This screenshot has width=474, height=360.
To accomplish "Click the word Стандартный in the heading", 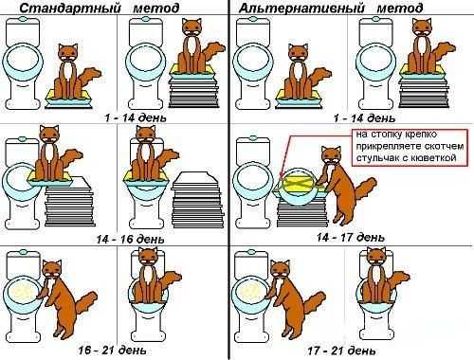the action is [x=70, y=8].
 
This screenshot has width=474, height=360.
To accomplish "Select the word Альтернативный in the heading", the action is [x=301, y=8].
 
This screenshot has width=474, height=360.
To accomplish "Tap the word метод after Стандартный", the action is [x=156, y=8].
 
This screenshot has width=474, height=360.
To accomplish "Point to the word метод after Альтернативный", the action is [x=400, y=8].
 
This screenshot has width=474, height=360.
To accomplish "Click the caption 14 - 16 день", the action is [x=131, y=239].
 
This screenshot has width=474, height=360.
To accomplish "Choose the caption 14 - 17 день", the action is [x=351, y=237].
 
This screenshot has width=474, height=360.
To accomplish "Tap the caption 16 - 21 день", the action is [x=113, y=350].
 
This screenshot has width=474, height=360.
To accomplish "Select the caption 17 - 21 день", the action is [x=342, y=351].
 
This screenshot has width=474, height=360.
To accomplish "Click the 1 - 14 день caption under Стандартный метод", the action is [x=136, y=117].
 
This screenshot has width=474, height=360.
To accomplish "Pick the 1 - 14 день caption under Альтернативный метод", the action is [x=365, y=118].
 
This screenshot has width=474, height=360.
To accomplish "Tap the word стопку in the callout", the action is [x=386, y=135].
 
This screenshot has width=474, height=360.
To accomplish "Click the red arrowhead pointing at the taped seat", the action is [x=282, y=174].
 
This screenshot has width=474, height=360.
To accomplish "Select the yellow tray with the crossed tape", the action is [x=299, y=184].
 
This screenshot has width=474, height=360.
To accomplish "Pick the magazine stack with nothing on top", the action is [x=197, y=200].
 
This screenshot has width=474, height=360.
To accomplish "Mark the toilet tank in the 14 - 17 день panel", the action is [x=252, y=150].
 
